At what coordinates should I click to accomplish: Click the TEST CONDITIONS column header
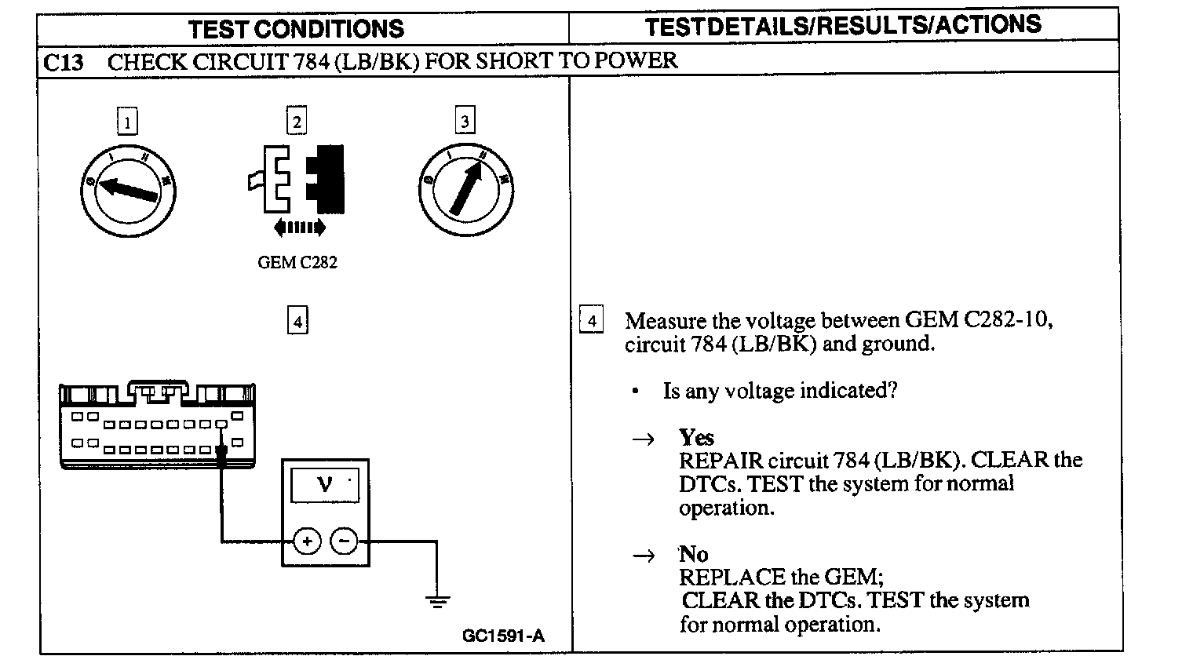(x=296, y=30)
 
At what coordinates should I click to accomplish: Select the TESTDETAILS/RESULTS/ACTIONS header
(x=843, y=25)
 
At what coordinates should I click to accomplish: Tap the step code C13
(x=64, y=62)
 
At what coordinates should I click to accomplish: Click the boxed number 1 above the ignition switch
(x=127, y=122)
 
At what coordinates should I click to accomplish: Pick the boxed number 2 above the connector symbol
(x=296, y=122)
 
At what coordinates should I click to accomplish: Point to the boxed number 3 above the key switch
(x=465, y=122)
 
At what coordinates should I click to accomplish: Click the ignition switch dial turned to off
(x=128, y=190)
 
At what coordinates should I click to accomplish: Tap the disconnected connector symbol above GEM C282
(x=296, y=179)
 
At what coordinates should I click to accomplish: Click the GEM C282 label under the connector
(x=297, y=263)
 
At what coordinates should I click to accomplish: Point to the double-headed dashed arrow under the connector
(x=299, y=228)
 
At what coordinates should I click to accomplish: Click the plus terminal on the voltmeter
(x=307, y=541)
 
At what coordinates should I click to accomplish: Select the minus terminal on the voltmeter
(x=343, y=541)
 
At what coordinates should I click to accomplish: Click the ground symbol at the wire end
(x=438, y=602)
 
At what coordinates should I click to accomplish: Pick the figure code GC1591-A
(x=503, y=636)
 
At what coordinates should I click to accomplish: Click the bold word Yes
(x=696, y=437)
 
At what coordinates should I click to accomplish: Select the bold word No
(x=694, y=554)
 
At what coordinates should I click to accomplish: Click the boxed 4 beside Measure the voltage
(x=591, y=320)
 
